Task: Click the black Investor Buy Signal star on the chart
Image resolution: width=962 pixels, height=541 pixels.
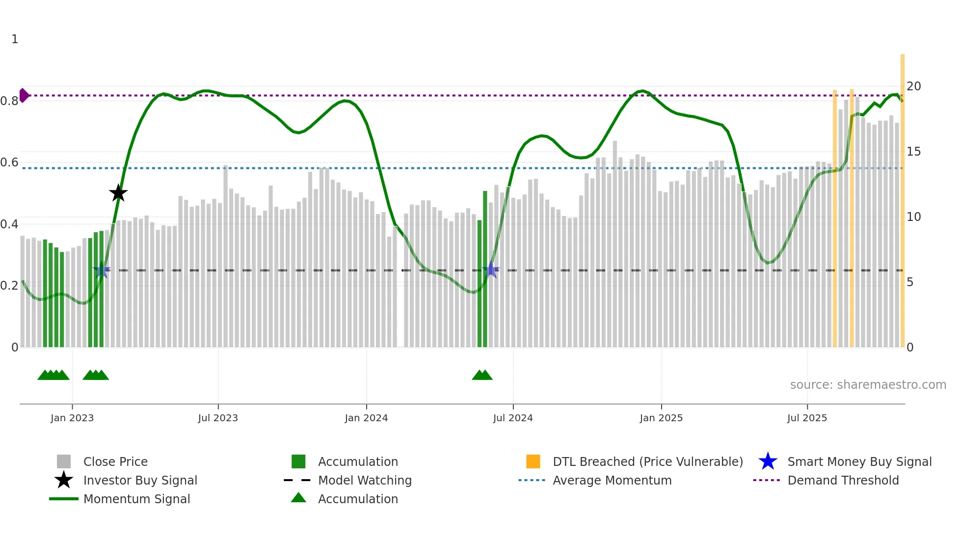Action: pos(118,193)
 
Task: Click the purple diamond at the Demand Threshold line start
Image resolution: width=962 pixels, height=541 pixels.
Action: pos(24,95)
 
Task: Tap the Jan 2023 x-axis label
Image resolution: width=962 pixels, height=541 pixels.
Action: pos(72,418)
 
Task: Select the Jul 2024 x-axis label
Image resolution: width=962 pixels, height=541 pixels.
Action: pos(513,418)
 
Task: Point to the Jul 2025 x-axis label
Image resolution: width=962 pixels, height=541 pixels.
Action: pos(807,418)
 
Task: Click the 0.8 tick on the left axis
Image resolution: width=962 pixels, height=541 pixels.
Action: pos(9,101)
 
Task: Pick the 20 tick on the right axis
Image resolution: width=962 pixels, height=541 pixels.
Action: pos(913,86)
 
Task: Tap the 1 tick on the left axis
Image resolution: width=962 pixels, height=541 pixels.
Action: pos(15,39)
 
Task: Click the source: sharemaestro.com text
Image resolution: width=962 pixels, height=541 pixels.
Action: pos(868,385)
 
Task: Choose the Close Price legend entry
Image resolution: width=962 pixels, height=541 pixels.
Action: pos(115,461)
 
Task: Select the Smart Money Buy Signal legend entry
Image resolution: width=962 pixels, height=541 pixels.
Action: pos(859,461)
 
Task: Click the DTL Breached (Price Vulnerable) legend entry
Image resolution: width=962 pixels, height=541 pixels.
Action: pos(647,461)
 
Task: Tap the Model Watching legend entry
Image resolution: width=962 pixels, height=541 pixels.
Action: pos(365,480)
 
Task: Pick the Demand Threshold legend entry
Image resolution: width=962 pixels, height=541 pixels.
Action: pos(843,480)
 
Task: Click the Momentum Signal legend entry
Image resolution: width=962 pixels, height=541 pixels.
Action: pos(136,499)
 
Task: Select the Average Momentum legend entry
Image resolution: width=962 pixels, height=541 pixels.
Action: pos(612,480)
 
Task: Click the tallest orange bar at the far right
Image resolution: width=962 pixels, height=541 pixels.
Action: pos(902,196)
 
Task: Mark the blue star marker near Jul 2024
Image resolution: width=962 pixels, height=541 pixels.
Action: pos(491,270)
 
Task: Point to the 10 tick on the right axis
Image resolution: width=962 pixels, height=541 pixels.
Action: pos(913,217)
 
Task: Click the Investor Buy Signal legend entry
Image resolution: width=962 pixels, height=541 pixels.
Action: pos(140,480)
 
